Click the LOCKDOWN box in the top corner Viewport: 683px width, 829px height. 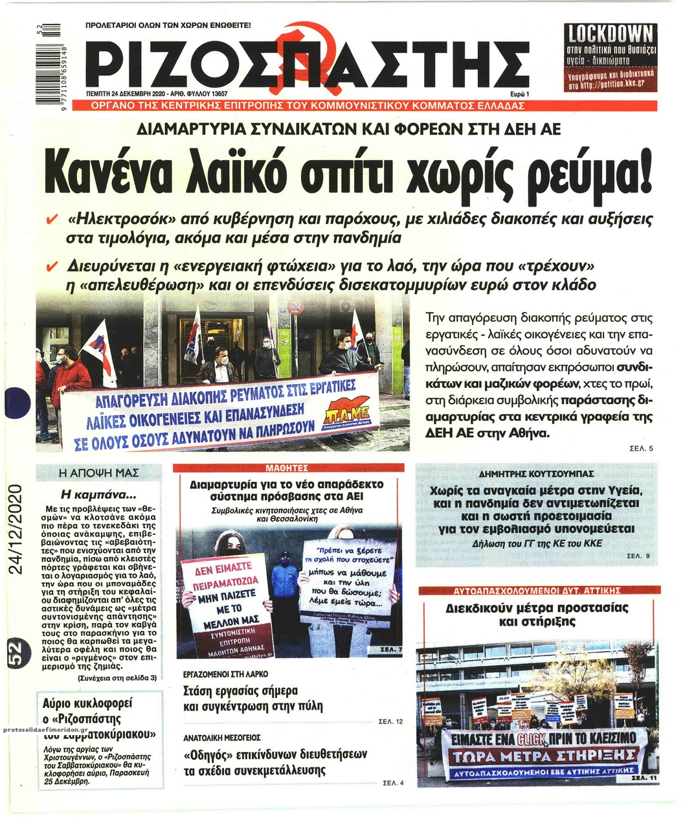tap(610, 59)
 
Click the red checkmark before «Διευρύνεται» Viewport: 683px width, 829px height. tap(52, 267)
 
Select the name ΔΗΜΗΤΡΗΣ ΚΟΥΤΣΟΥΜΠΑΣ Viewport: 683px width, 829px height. tap(535, 473)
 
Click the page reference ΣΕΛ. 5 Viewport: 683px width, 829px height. tap(642, 448)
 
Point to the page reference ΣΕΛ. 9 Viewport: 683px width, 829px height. tap(638, 556)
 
